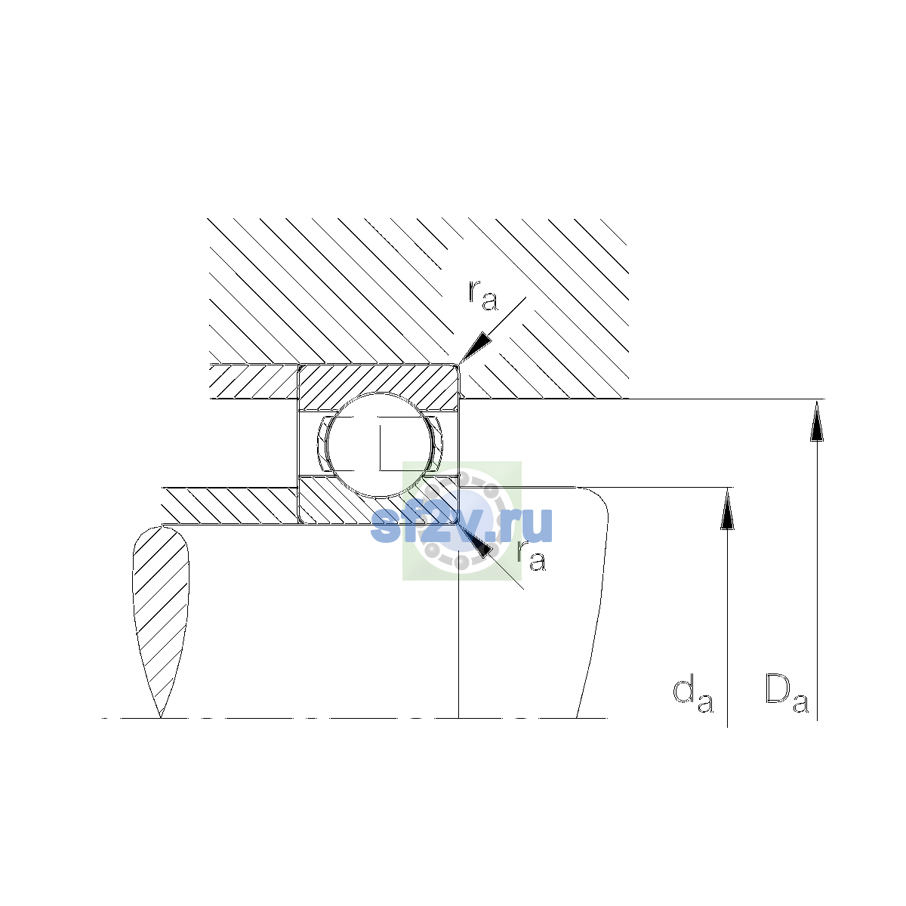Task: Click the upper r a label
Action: click(482, 296)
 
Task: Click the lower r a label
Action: click(532, 555)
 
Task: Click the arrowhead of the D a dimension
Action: click(817, 421)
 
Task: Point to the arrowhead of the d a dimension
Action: click(727, 508)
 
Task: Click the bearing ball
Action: click(379, 445)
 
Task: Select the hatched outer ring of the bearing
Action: click(379, 382)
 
